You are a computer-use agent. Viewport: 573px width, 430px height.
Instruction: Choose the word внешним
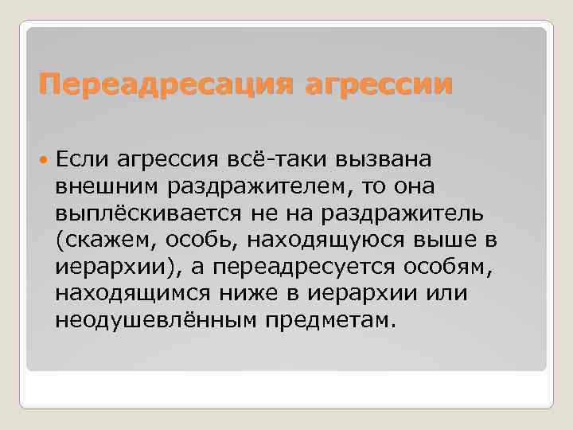pyautogui.click(x=107, y=186)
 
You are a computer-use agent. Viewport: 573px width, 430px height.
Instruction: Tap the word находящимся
pyautogui.click(x=133, y=294)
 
